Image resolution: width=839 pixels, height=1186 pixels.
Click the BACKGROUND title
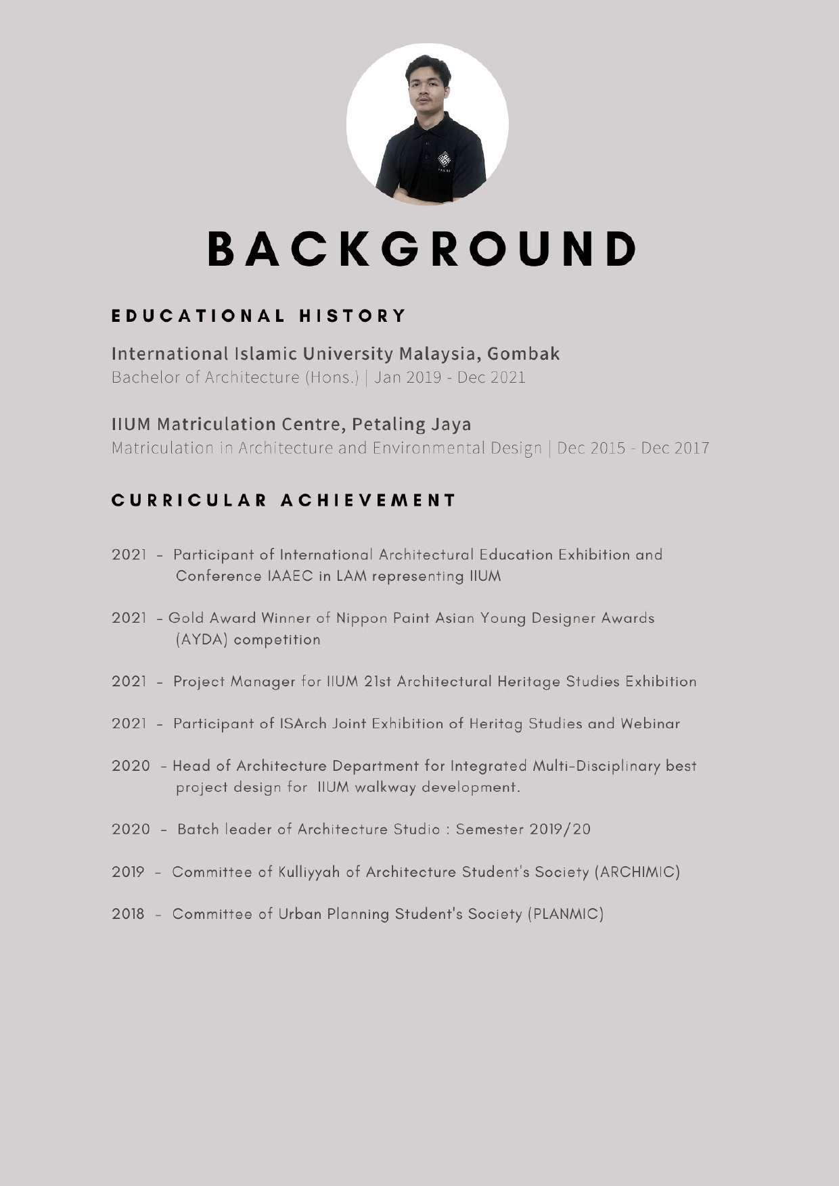click(x=421, y=248)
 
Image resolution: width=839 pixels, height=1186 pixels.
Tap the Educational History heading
click(x=258, y=316)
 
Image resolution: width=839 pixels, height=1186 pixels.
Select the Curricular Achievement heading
click(x=284, y=500)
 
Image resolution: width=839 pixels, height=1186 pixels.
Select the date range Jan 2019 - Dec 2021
click(x=450, y=377)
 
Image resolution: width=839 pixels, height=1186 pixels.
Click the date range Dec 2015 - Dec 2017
click(x=633, y=448)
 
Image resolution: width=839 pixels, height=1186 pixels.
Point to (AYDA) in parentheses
click(x=201, y=640)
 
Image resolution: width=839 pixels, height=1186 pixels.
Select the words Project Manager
click(x=234, y=682)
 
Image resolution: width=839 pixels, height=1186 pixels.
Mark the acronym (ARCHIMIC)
click(x=637, y=872)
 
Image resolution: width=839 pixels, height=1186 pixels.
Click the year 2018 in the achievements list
click(x=128, y=914)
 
